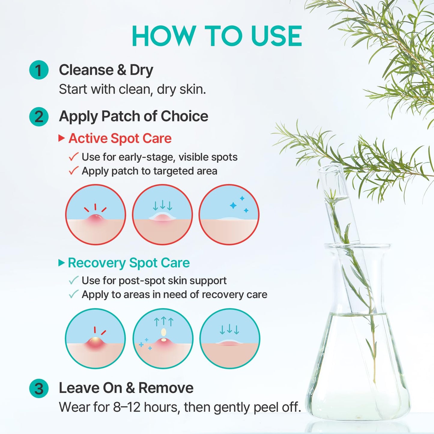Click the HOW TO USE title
point(217,36)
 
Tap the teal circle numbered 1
point(39,70)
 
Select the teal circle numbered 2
point(39,117)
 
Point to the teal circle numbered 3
point(39,388)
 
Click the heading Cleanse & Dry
point(106,70)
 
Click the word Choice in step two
point(184,116)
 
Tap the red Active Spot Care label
point(120,138)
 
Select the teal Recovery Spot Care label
point(129,263)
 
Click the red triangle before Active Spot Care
point(62,138)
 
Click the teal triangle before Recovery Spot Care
point(62,263)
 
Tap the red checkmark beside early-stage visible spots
point(73,157)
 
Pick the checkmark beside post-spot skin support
point(73,280)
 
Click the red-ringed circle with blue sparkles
point(229,214)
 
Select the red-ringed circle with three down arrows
point(162,214)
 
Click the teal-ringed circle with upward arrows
point(163,338)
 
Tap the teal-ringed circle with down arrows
point(229,338)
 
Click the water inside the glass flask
point(357,375)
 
